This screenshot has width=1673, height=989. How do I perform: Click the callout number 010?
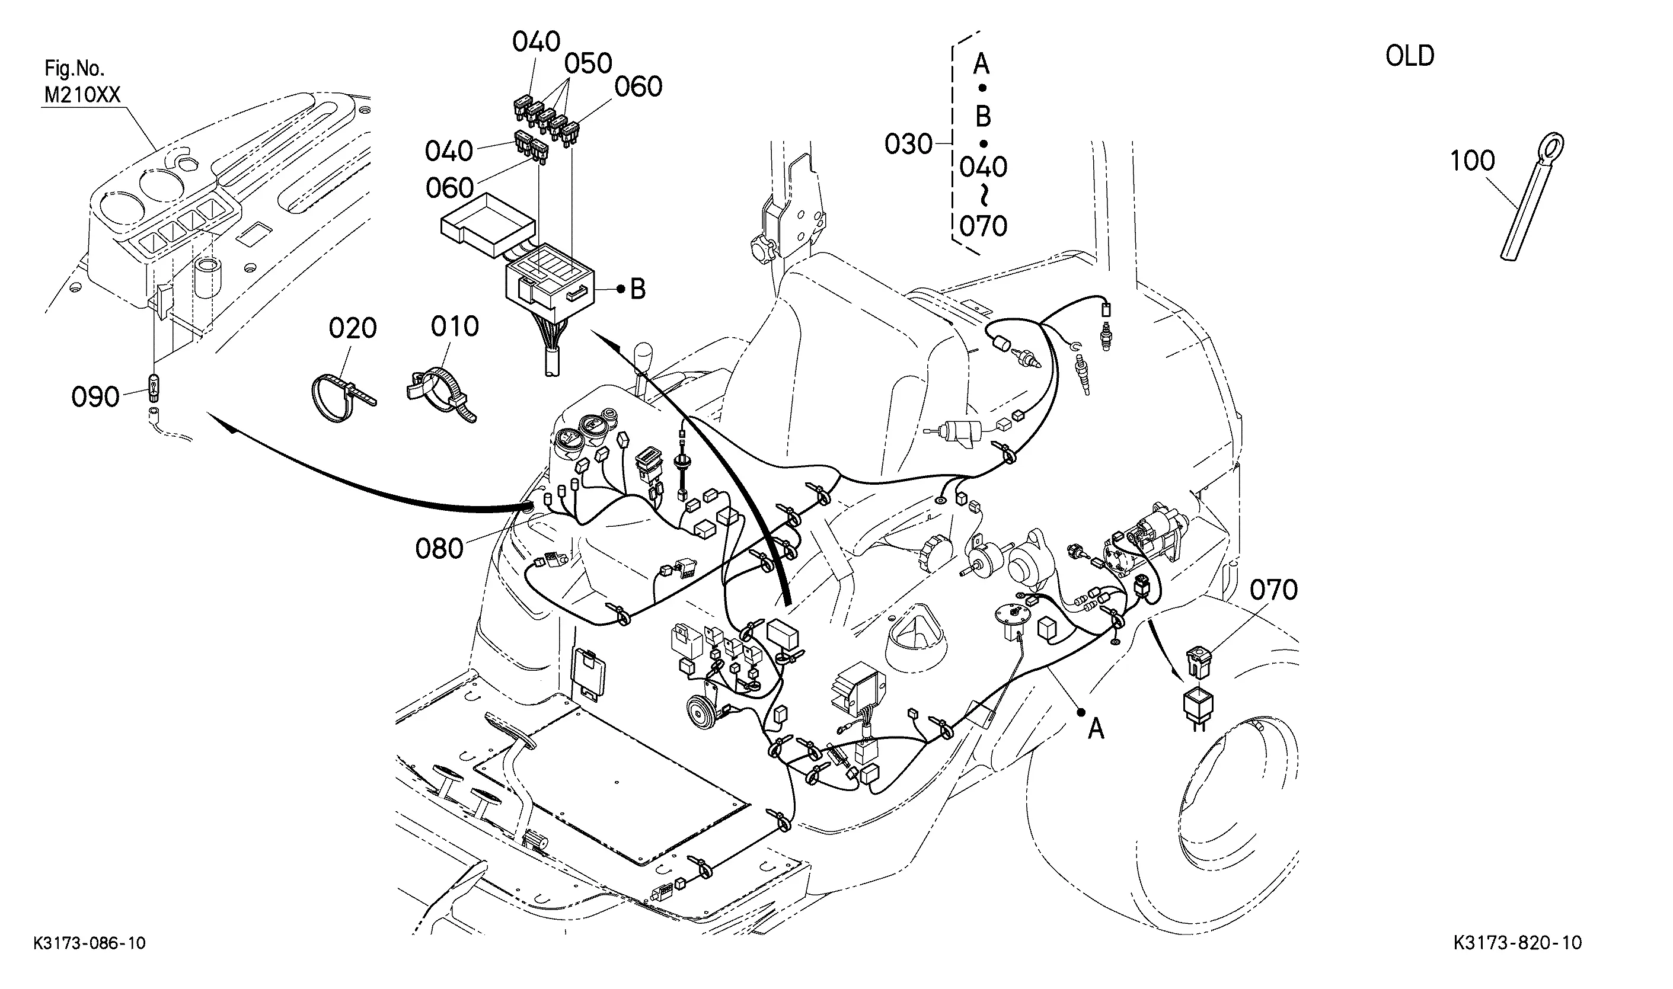455,326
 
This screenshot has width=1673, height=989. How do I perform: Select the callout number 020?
353,328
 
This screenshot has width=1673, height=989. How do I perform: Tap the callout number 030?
908,144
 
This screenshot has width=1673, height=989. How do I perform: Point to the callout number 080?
439,549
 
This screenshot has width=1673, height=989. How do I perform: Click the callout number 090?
95,397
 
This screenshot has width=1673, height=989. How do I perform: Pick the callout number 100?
1473,161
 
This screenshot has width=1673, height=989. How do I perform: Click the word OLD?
1410,56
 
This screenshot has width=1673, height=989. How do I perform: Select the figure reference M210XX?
82,95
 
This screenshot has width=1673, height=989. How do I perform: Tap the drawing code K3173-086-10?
90,943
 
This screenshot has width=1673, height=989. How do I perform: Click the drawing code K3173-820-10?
1517,943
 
